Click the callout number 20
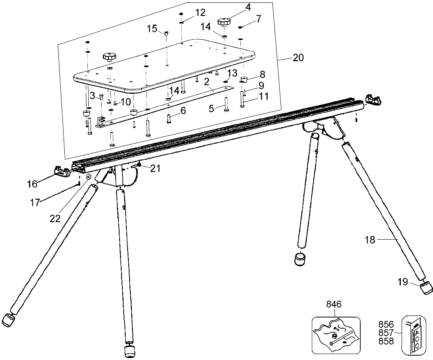pyautogui.click(x=298, y=58)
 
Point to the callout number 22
pyautogui.click(x=55, y=219)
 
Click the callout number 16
pyautogui.click(x=32, y=184)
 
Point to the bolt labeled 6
pyautogui.click(x=169, y=119)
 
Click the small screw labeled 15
pyautogui.click(x=167, y=34)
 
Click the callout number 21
pyautogui.click(x=155, y=168)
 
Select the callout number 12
pyautogui.click(x=200, y=12)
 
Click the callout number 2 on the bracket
pyautogui.click(x=207, y=82)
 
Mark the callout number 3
pyautogui.click(x=92, y=95)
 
